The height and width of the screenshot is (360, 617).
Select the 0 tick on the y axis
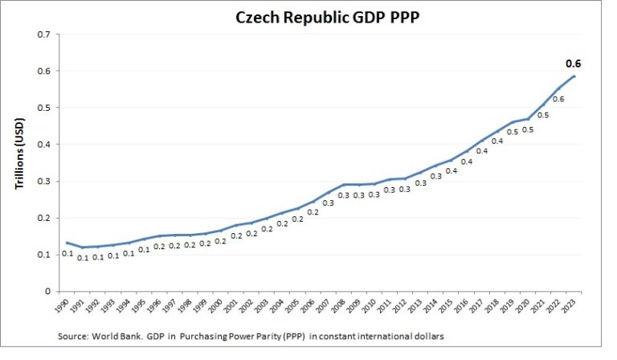[47, 292]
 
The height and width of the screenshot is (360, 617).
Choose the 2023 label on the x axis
[572, 307]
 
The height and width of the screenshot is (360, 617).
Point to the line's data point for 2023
[574, 76]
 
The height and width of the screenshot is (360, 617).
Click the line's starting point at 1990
[67, 243]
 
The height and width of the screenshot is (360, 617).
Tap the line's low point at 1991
[82, 247]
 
